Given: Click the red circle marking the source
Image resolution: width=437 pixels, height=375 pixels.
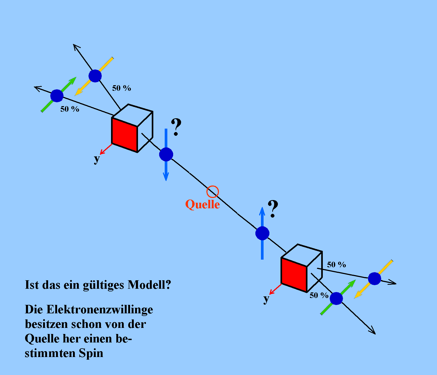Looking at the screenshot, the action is coord(213,192).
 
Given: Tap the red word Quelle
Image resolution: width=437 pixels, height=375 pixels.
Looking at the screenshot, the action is coord(203,204).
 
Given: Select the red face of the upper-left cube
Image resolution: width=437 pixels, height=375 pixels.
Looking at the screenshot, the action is coord(125,135).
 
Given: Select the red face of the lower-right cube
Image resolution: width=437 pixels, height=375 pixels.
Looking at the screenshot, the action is coord(294,275).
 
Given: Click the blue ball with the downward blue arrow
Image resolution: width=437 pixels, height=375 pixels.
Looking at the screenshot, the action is coord(166,154).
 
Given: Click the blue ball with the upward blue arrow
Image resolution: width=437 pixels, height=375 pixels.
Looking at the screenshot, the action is coord(262,233).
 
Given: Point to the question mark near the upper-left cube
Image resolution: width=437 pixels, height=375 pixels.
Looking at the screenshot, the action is coord(176,127).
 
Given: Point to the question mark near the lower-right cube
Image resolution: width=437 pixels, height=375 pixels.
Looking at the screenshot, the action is coord(273,209).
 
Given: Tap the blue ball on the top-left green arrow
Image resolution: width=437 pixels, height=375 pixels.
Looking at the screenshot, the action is coord(57,96).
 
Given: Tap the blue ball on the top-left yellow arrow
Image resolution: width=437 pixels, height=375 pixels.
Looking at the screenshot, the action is coord(95,76).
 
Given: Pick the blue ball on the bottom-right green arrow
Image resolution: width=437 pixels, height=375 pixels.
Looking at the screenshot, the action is coord(336,299).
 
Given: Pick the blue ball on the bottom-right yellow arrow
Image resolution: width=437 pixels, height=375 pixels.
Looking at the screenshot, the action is coord(375,278).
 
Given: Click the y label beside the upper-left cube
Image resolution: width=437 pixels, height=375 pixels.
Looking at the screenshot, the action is coord(97,159).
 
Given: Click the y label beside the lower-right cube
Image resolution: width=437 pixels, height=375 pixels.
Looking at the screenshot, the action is coord(266,299).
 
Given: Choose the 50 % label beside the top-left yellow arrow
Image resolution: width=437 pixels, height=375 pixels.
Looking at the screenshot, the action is coord(122,88).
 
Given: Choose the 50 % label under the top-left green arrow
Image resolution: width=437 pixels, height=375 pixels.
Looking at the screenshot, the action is coord(70,109).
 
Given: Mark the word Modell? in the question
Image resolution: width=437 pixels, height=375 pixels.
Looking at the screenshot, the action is coord(149,285).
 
